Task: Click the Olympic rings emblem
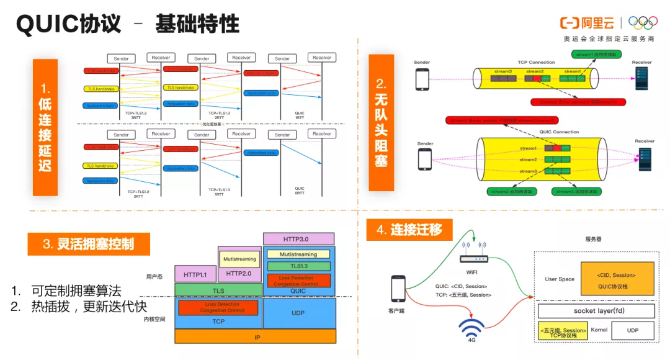pyautogui.click(x=643, y=23)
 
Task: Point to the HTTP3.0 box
pyautogui.click(x=299, y=239)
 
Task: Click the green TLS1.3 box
pyautogui.click(x=299, y=266)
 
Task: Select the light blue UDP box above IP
pyautogui.click(x=299, y=313)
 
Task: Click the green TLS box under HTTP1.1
pyautogui.click(x=218, y=290)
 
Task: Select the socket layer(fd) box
pyautogui.click(x=596, y=311)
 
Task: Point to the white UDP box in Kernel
pyautogui.click(x=633, y=331)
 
